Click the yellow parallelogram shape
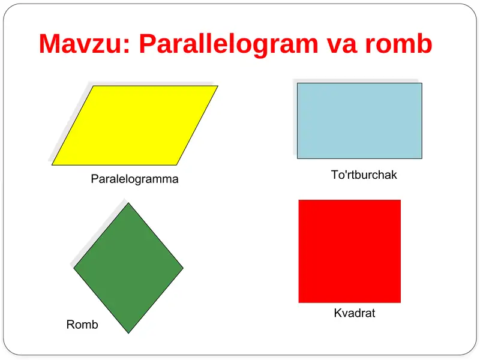coord(135,125)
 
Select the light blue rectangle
coord(359,121)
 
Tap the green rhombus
coord(128,268)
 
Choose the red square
coord(349,251)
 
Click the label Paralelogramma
coord(134,179)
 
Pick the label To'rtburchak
coord(364,175)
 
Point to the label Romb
coord(82,325)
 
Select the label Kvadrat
coord(355,313)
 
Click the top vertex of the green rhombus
coord(128,203)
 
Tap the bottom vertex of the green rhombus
coord(128,332)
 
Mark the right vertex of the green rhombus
coord(183,268)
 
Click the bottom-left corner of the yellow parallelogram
coord(53,164)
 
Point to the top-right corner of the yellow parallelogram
coord(217,86)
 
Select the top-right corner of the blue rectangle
coord(421,83)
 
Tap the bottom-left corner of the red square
coord(299,302)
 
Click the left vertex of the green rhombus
coord(74,268)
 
